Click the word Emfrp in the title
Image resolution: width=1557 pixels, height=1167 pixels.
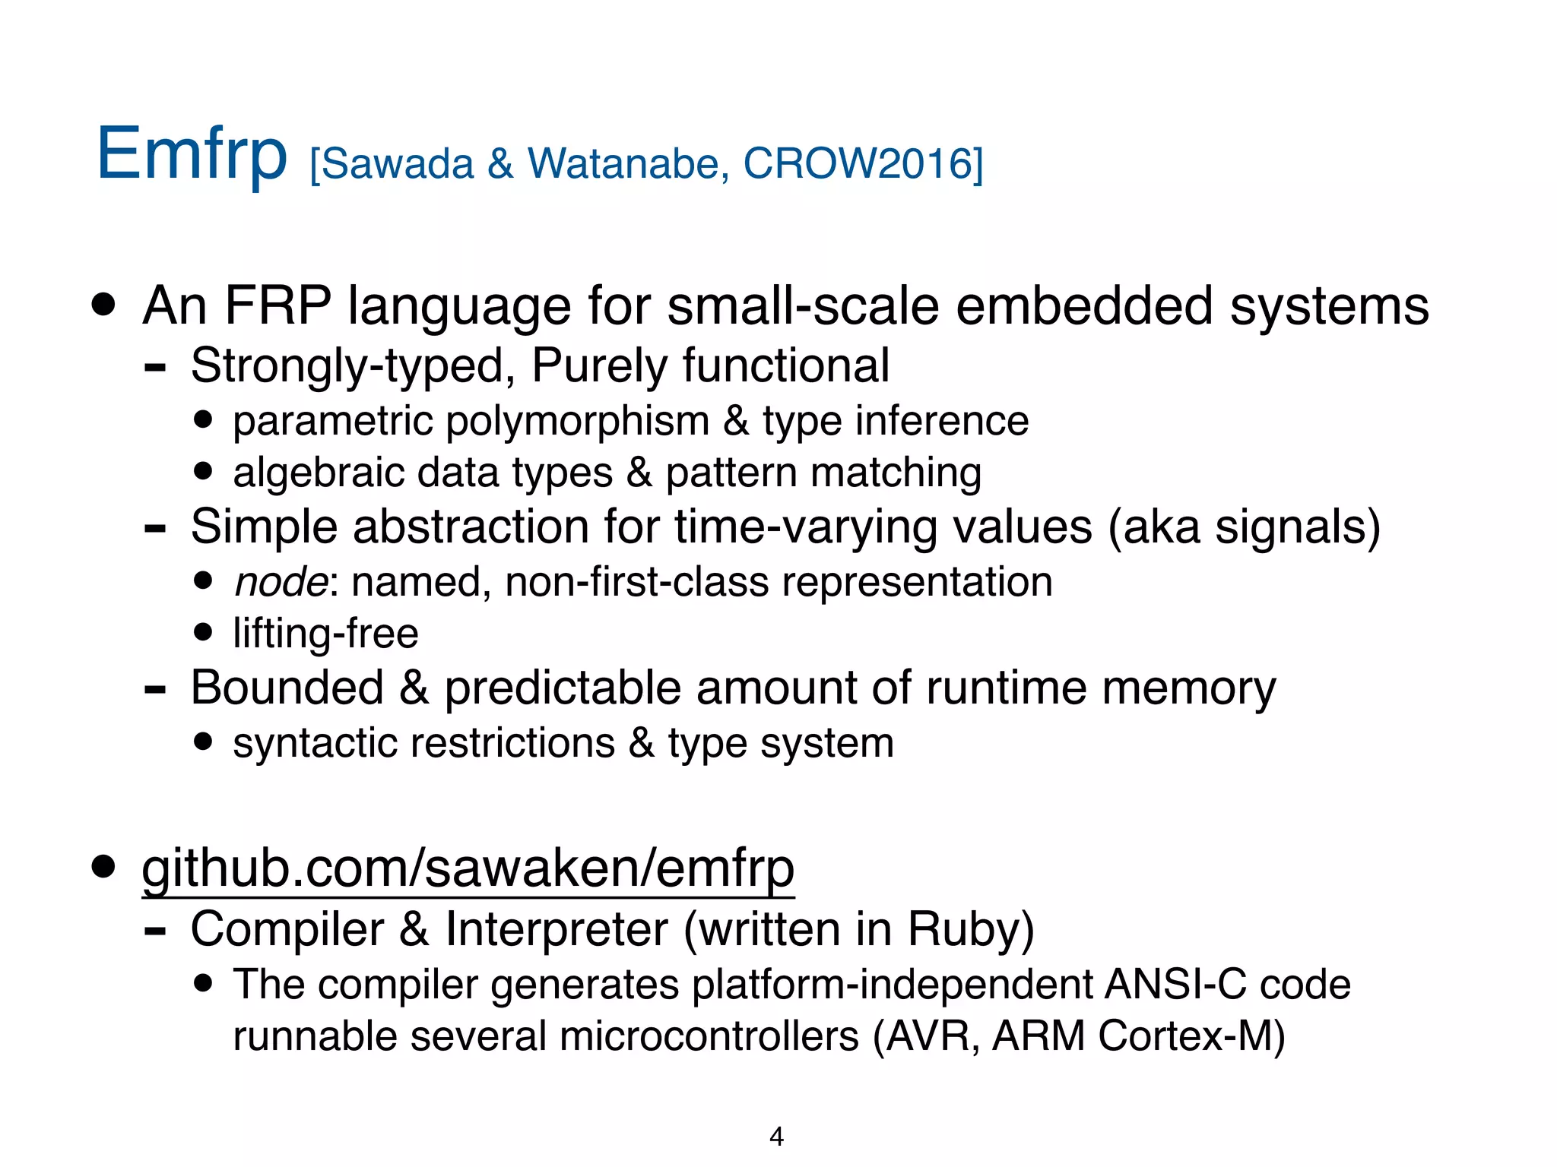(192, 155)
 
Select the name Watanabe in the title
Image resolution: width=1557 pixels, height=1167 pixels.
(623, 163)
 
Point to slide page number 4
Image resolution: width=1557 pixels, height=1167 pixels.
(776, 1136)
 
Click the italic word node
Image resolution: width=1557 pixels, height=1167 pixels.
(281, 582)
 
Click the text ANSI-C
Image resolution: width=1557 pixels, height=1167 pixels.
(1175, 984)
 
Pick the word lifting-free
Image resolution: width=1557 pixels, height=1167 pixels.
(325, 634)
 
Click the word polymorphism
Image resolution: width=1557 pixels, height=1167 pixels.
(577, 421)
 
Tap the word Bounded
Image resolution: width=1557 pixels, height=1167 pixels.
(287, 688)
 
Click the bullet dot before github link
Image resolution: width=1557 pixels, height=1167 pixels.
(103, 866)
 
